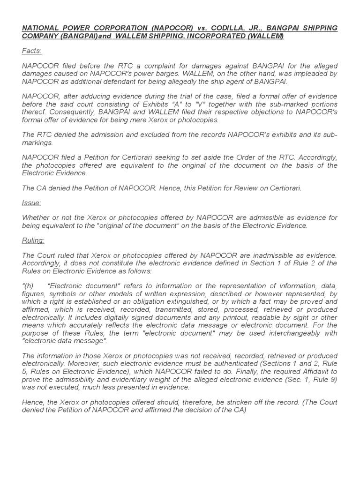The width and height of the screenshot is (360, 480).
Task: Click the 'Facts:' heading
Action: point(32,51)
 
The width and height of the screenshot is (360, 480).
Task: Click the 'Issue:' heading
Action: point(31,203)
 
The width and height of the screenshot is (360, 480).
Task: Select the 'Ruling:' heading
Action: point(33,240)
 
